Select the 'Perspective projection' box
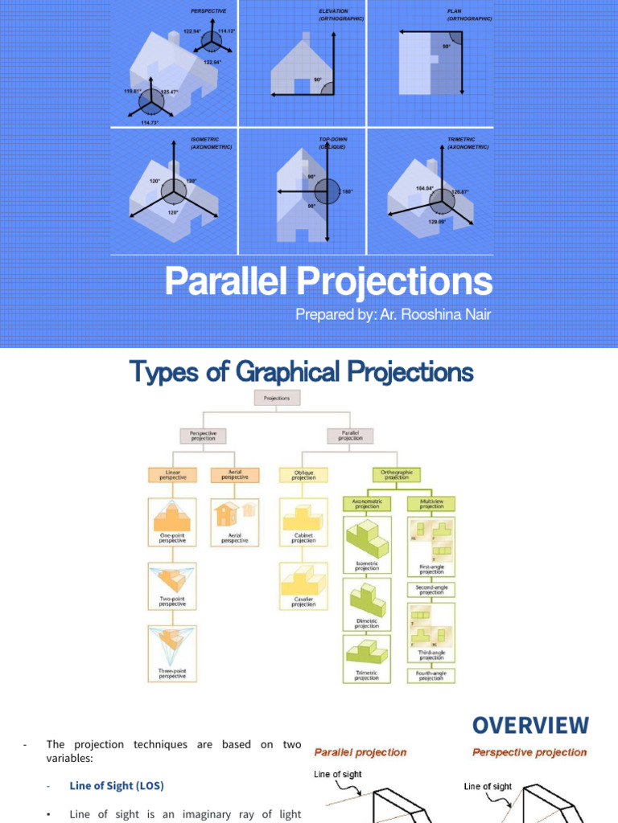pyautogui.click(x=202, y=436)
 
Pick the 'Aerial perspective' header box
pyautogui.click(x=234, y=474)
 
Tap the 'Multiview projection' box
pyautogui.click(x=431, y=505)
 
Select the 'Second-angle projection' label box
pyautogui.click(x=431, y=589)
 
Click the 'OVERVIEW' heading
pyautogui.click(x=530, y=726)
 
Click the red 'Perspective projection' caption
pyautogui.click(x=529, y=752)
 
